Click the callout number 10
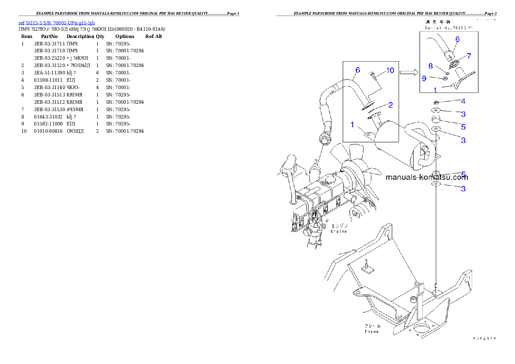point(390,70)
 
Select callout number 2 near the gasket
point(390,105)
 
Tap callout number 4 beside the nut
point(463,101)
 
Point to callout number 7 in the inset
point(468,56)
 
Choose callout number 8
point(431,66)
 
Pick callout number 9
point(424,78)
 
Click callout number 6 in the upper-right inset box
point(457,39)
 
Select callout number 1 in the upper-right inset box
point(435,90)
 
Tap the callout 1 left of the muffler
point(352,125)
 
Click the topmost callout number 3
point(463,114)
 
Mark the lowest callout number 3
point(463,188)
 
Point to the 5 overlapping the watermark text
point(463,174)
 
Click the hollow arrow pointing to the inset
point(408,73)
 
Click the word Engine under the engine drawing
point(339,231)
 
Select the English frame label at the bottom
point(371,332)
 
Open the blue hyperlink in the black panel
point(57,22)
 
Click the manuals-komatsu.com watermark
point(426,177)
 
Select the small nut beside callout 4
point(436,102)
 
